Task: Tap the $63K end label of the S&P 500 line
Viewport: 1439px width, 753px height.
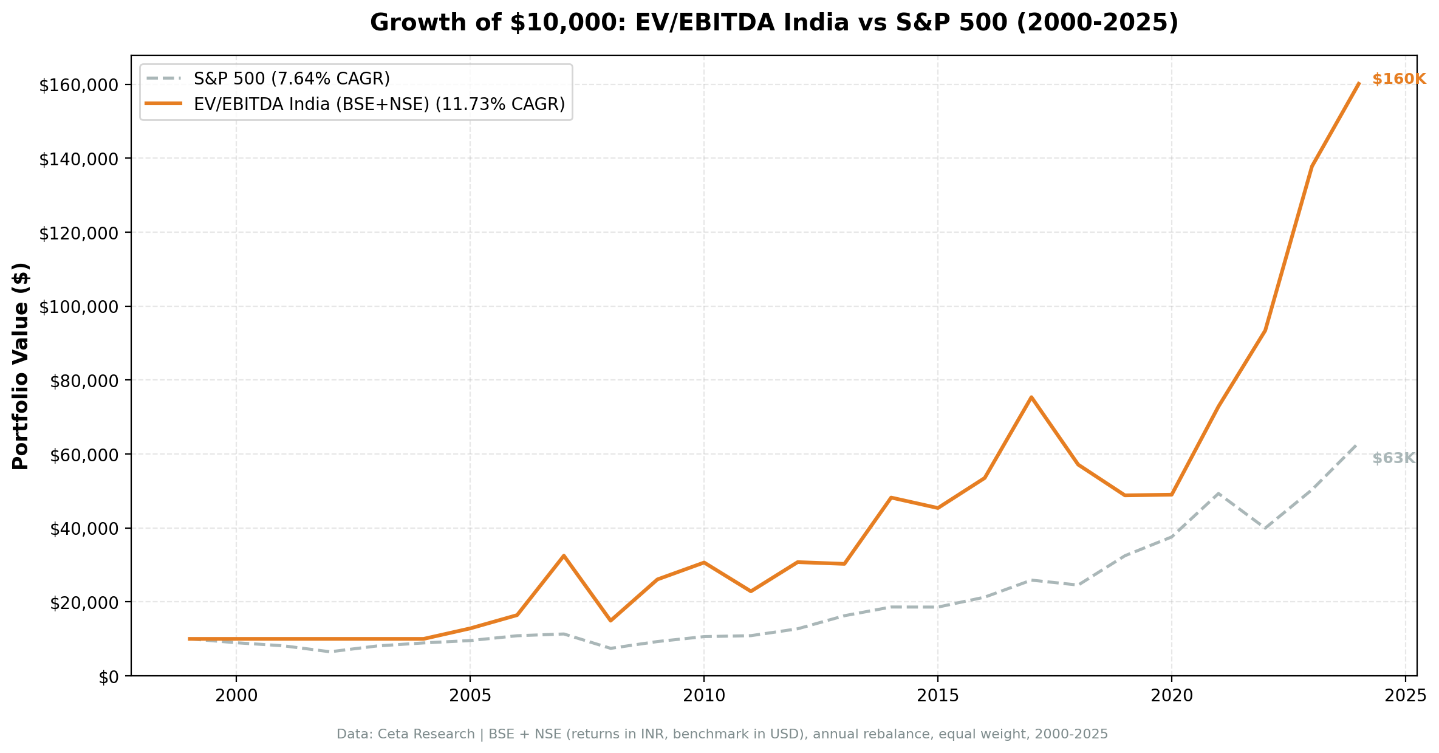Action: [x=1393, y=459]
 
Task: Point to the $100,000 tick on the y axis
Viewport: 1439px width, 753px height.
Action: [x=78, y=307]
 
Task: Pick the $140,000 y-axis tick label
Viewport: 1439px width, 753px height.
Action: [x=78, y=159]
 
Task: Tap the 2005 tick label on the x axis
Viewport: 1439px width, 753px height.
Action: [x=470, y=696]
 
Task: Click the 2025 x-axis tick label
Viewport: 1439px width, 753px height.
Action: [x=1404, y=696]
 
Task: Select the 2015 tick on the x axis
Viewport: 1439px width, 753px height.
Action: [x=937, y=696]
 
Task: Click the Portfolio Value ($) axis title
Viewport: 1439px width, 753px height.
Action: [x=21, y=366]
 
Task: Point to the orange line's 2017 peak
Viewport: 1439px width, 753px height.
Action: [x=1031, y=397]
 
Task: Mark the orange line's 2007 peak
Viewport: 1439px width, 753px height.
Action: [x=564, y=555]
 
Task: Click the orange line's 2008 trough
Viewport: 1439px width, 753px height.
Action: [x=610, y=621]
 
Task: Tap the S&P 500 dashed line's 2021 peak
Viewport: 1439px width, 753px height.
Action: [x=1218, y=493]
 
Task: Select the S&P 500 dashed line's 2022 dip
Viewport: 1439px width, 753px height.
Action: [x=1265, y=528]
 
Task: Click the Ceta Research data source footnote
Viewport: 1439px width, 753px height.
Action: [x=722, y=735]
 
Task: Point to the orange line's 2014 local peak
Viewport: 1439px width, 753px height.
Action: [x=890, y=498]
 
